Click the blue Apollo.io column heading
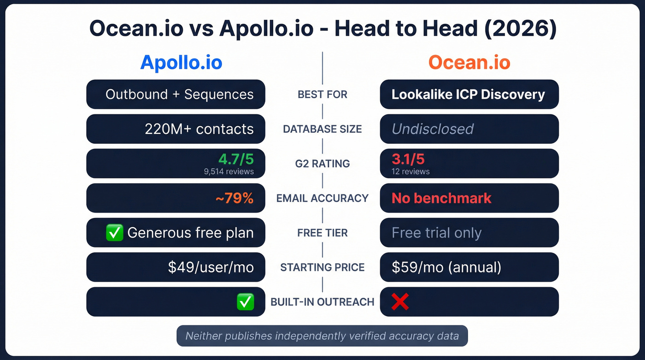tap(181, 63)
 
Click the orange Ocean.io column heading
tap(469, 63)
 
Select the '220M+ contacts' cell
tap(199, 129)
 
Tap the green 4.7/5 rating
tap(236, 159)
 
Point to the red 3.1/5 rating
tap(408, 159)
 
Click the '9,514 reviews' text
tap(229, 171)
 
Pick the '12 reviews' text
tap(410, 171)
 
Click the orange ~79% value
tap(235, 198)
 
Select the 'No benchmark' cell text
tap(441, 198)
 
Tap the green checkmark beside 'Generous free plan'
tap(114, 233)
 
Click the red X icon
tap(400, 302)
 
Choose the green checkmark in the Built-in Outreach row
tap(245, 302)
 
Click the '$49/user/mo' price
tap(211, 267)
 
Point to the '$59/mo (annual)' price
tap(446, 267)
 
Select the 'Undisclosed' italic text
tap(432, 129)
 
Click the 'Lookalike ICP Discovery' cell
tap(468, 94)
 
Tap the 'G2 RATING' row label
tap(322, 164)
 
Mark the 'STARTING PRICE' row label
tap(322, 267)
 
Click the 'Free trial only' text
tap(436, 233)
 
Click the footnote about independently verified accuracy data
tap(322, 336)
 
